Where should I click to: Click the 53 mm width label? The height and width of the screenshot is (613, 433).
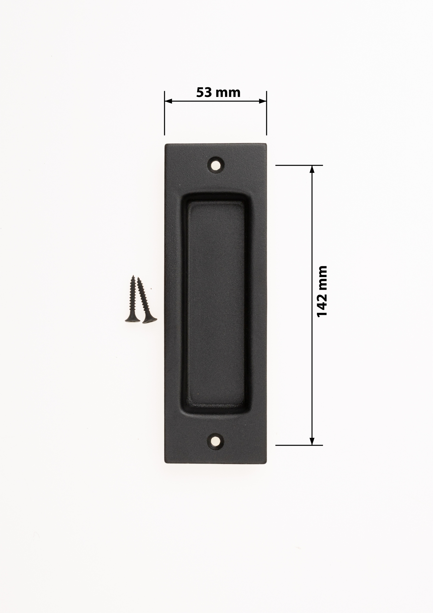click(x=218, y=92)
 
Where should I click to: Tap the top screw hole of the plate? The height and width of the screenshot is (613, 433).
click(x=216, y=165)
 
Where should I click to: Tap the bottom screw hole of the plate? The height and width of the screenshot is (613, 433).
click(x=216, y=442)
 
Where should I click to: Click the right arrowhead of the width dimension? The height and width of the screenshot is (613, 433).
click(x=263, y=101)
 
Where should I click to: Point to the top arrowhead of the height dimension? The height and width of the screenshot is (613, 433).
click(x=312, y=169)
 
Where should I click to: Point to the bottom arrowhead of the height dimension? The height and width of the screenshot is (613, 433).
click(x=312, y=442)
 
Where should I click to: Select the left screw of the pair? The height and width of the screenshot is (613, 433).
click(x=133, y=299)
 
